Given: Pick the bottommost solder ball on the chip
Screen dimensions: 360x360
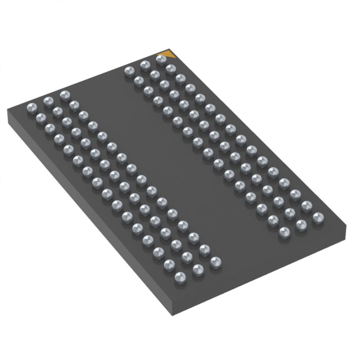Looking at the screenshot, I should click(x=180, y=276).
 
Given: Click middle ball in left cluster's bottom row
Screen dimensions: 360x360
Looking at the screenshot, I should click(x=197, y=269).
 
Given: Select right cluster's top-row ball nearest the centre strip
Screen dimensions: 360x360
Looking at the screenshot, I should click(x=129, y=71).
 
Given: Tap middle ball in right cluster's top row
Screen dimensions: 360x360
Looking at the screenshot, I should click(x=145, y=65).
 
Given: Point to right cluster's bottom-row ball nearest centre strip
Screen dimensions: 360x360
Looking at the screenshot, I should click(x=284, y=231).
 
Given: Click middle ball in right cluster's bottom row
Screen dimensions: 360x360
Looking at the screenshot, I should click(x=301, y=223).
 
